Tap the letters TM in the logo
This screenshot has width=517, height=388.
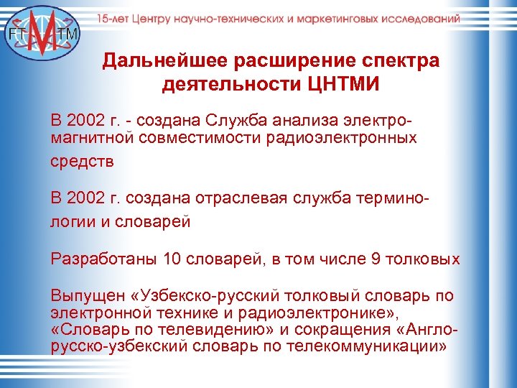[x=70, y=34]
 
